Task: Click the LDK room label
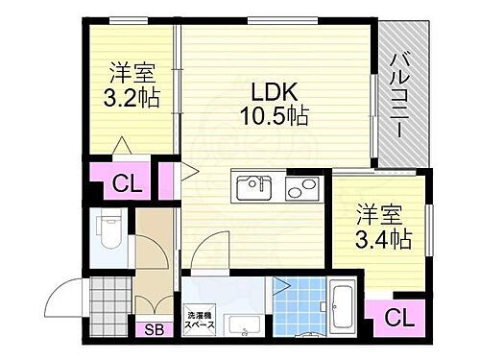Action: tap(274, 91)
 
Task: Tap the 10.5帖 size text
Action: tap(274, 116)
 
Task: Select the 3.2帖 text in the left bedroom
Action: tap(132, 98)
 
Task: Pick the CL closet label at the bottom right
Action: tap(395, 317)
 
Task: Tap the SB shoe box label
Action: tap(154, 331)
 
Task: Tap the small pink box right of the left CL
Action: tap(167, 180)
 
